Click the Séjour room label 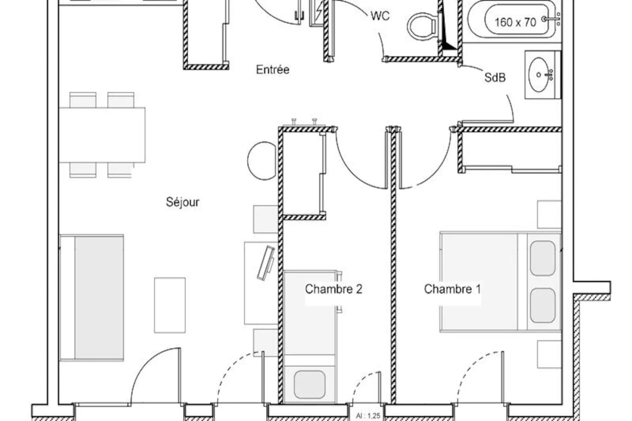183,202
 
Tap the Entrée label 272,70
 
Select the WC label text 380,16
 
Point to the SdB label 495,78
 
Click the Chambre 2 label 333,289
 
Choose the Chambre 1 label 452,289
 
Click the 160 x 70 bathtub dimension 515,22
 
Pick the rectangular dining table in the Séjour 102,135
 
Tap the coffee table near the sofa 170,305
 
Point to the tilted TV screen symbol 266,263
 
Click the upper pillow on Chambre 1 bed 543,258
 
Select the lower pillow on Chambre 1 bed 543,305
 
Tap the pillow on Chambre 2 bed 310,384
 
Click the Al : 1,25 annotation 368,415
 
